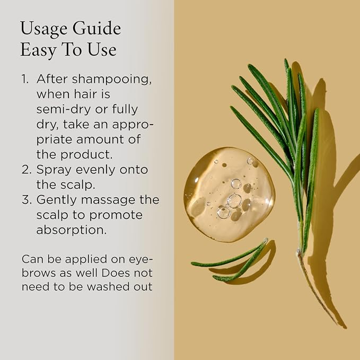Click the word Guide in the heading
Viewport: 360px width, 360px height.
(97, 29)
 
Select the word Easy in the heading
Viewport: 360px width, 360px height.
(38, 50)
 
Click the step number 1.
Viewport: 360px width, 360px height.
(25, 79)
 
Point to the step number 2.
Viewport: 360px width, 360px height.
(26, 170)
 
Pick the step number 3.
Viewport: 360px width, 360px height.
(27, 199)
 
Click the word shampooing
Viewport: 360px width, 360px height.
(111, 80)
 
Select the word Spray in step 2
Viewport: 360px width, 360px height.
(54, 171)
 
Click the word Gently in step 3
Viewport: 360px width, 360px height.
(57, 200)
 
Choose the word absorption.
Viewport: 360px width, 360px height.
(72, 231)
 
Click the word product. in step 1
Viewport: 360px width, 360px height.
(86, 155)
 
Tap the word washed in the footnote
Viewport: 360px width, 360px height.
(108, 287)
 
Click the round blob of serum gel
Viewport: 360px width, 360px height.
(229, 194)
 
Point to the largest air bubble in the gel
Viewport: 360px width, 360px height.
(234, 201)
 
